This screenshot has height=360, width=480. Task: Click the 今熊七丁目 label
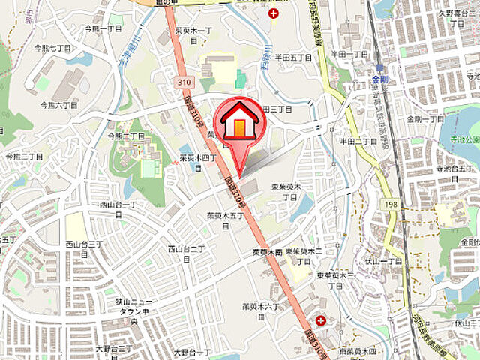(x=52, y=47)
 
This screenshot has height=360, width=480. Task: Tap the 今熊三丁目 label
(x=24, y=157)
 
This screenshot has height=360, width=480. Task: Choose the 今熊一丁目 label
(x=103, y=28)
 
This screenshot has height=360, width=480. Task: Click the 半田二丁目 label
(x=358, y=141)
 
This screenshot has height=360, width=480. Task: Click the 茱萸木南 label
(x=268, y=253)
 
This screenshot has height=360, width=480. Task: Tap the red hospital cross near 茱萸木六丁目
(x=321, y=320)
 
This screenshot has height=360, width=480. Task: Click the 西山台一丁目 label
(x=118, y=204)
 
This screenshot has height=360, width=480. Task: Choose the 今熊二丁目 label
(x=126, y=136)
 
